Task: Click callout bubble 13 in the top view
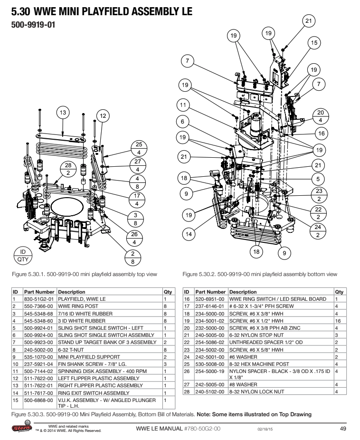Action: coord(63,113)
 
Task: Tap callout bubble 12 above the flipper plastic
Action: coord(103,116)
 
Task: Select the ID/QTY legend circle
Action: coord(23,256)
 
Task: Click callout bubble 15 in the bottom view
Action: coord(314,43)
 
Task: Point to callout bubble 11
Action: coord(183,105)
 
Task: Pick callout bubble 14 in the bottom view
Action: coord(189,234)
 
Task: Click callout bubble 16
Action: coord(322,134)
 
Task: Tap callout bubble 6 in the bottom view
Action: coord(182,122)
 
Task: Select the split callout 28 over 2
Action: coord(68,169)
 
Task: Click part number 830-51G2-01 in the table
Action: coord(38,299)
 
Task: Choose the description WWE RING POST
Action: coord(78,306)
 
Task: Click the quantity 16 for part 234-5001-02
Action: coord(338,321)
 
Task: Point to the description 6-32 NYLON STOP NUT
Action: coord(256,335)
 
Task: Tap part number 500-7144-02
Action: coord(38,371)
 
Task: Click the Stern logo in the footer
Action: coord(22,427)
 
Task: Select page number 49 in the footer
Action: coord(343,429)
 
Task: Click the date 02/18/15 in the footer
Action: coord(265,429)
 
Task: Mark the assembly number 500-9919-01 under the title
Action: coord(33,25)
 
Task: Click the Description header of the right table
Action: coord(243,292)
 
